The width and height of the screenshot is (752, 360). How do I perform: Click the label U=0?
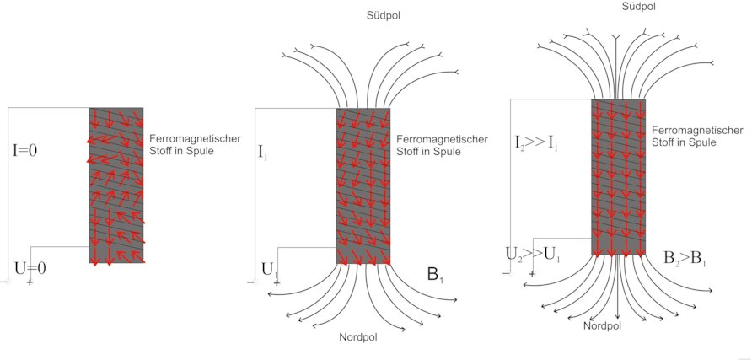(31, 269)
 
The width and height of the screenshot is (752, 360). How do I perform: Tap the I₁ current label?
(265, 153)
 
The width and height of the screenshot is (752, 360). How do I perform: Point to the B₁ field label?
(436, 274)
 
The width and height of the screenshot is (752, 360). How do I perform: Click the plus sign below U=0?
(30, 282)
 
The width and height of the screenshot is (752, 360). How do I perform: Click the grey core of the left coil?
(116, 185)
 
